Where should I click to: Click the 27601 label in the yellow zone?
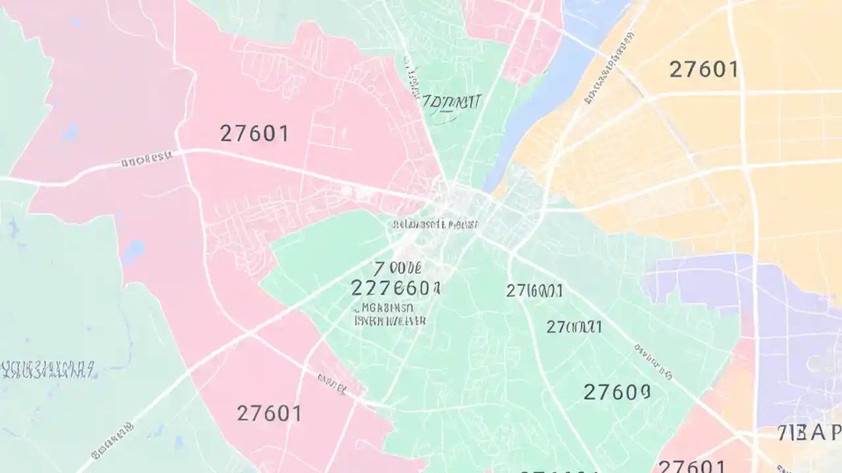704,69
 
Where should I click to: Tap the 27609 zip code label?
617,392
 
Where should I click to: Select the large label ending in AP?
808,433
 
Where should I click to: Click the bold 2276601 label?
395,288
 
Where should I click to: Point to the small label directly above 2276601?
397,268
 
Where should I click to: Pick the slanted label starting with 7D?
451,103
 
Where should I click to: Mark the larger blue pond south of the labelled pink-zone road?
134,250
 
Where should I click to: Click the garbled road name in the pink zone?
145,158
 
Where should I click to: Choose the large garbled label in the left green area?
47,370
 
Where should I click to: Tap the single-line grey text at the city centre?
435,225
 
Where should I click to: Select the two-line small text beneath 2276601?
389,314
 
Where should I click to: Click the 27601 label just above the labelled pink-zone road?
254,133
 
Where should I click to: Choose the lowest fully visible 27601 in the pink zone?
269,413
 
